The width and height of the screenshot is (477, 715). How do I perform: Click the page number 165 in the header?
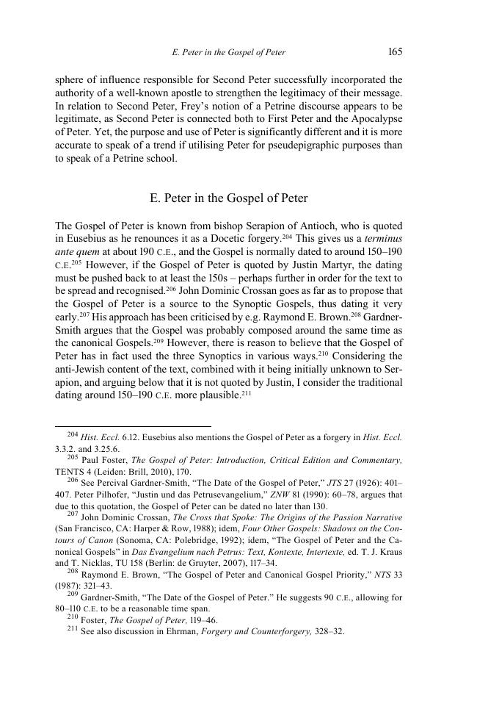click(x=393, y=52)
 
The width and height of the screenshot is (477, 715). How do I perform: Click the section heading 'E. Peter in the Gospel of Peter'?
click(x=228, y=198)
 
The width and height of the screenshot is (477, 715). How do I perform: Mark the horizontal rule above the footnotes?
click(x=133, y=425)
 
